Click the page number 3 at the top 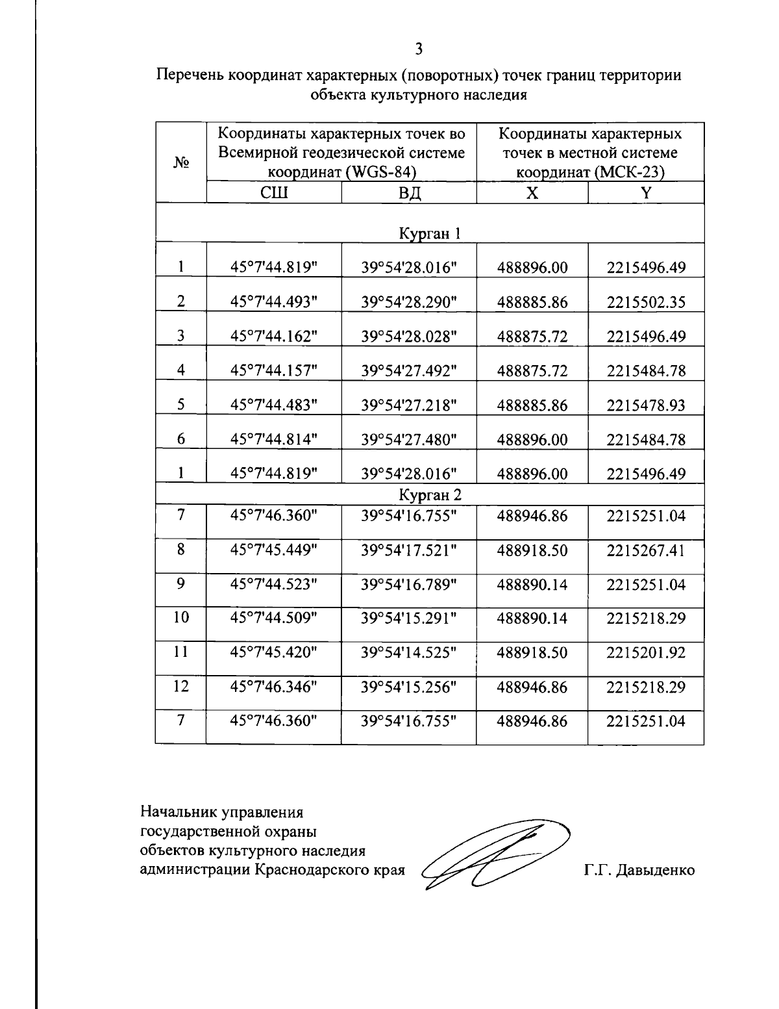(x=419, y=49)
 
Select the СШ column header (x=274, y=193)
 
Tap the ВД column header (x=409, y=193)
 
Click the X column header (x=532, y=193)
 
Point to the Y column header (x=646, y=193)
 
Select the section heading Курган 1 (x=429, y=233)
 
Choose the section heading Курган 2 (x=429, y=495)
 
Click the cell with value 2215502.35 (x=646, y=302)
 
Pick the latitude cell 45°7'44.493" (x=274, y=302)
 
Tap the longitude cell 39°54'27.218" (x=409, y=405)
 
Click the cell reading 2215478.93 (x=646, y=405)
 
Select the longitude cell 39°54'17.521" (x=409, y=550)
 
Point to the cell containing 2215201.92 (x=646, y=652)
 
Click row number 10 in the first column (x=181, y=617)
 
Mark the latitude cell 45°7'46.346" (x=274, y=687)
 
